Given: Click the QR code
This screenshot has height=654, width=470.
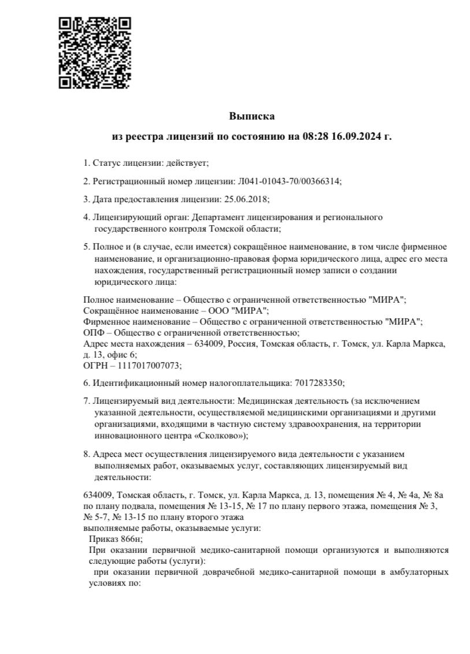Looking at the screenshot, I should click(x=95, y=53).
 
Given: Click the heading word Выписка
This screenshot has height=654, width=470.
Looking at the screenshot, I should click(x=251, y=116).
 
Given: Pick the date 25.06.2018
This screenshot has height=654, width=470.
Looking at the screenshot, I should click(x=245, y=199).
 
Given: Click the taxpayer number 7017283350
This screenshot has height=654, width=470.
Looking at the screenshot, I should click(x=319, y=383).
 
